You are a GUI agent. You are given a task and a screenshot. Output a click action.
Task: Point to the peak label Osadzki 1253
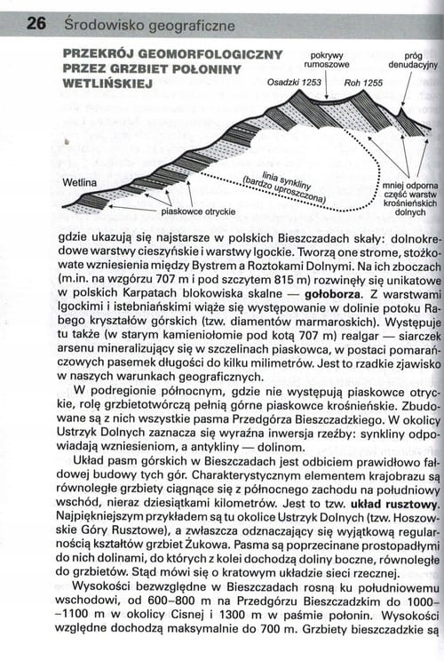(293, 82)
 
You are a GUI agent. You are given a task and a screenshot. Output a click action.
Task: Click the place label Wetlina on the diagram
(80, 183)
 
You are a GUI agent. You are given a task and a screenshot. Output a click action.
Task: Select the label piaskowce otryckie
(198, 211)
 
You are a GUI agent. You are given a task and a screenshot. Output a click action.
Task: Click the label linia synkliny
(284, 176)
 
